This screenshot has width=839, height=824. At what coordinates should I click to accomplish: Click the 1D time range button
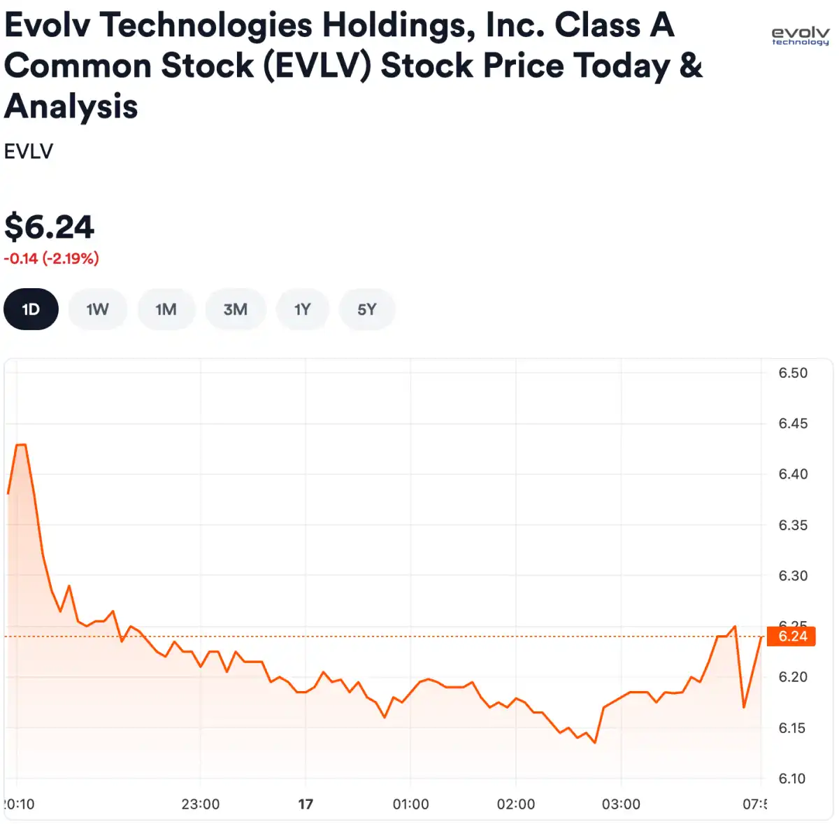click(x=31, y=309)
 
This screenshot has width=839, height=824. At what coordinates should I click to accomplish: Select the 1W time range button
click(x=98, y=309)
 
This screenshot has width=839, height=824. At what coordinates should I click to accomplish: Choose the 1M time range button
click(x=166, y=309)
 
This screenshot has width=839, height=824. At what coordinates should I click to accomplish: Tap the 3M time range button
click(x=236, y=309)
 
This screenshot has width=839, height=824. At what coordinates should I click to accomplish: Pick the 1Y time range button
click(x=302, y=309)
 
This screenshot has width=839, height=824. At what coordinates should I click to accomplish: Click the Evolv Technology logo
click(x=800, y=36)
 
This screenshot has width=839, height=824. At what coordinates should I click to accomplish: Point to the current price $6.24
click(x=49, y=227)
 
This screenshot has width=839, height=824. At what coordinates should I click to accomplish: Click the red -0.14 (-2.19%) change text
click(x=51, y=259)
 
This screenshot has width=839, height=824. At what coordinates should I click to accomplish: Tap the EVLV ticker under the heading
click(x=29, y=151)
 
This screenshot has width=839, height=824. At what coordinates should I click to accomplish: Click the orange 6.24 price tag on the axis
click(x=792, y=637)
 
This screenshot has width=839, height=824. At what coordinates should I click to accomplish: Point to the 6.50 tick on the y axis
click(x=793, y=373)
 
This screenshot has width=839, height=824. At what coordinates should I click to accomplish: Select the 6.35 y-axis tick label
click(x=793, y=525)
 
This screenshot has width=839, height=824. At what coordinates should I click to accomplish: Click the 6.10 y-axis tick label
click(x=792, y=779)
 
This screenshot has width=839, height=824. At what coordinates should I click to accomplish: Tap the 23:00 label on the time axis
click(x=201, y=804)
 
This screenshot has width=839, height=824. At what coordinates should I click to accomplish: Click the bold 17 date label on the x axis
click(x=306, y=804)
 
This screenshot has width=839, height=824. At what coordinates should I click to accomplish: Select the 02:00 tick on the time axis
click(x=516, y=804)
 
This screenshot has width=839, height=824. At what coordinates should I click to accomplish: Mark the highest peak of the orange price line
click(x=21, y=445)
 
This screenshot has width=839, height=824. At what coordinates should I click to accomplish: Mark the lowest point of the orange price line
click(x=594, y=743)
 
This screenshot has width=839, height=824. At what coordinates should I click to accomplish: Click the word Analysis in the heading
click(x=71, y=107)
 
